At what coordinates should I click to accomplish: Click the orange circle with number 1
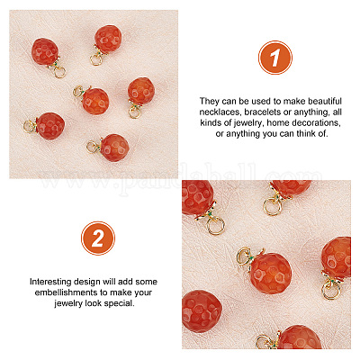point(275,58)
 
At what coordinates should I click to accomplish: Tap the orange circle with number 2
point(98,238)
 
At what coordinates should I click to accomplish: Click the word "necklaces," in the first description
point(220,112)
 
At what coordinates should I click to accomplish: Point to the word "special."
point(120,303)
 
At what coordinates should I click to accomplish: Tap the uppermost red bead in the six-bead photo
point(108,39)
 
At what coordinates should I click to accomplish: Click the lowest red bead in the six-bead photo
point(114,148)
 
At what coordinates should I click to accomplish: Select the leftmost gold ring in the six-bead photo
point(30,126)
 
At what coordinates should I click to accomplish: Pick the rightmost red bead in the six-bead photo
point(141,91)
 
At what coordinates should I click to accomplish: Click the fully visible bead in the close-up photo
point(270,273)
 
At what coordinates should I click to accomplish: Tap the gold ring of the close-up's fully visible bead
point(243,256)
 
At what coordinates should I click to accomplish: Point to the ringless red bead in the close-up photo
point(202,311)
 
